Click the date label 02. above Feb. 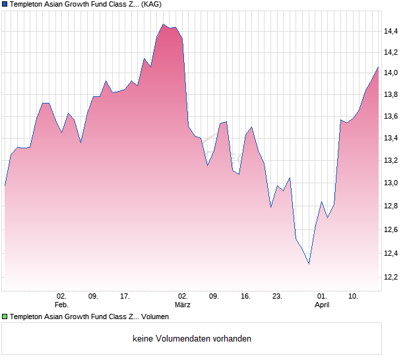click(61, 297)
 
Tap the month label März click(183, 305)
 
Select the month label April click(322, 305)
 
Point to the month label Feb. click(61, 305)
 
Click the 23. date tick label click(277, 297)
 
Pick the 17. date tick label click(125, 297)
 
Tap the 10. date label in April click(354, 297)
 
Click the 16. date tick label click(245, 297)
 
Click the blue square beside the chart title click(5, 4)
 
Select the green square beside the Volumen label click(5, 317)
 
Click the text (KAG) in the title click(152, 4)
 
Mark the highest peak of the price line click(163, 24)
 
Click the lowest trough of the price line click(309, 264)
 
